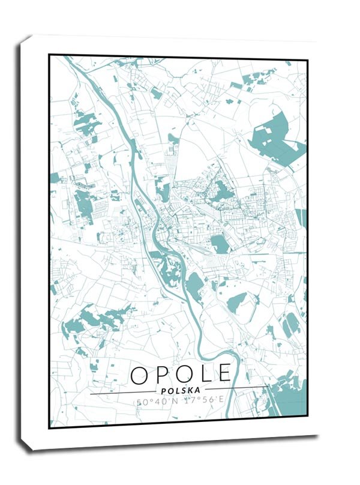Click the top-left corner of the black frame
pos(49,55)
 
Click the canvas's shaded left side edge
pos(24,240)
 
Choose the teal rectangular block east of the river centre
pos(220,243)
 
